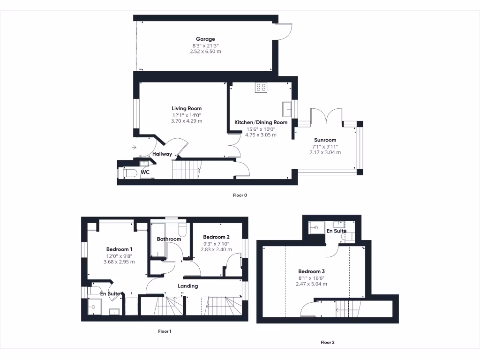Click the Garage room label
click(205, 39)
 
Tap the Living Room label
click(187, 108)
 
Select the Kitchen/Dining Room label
click(261, 122)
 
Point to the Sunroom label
click(325, 140)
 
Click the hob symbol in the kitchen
click(261, 87)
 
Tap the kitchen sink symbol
click(287, 109)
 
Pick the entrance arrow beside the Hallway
click(134, 148)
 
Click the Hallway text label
click(162, 154)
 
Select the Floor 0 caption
click(240, 195)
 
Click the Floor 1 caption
click(165, 331)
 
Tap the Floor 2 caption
click(328, 343)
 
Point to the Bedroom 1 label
click(119, 249)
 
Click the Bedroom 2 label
click(216, 237)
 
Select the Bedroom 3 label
click(312, 271)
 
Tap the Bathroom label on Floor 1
click(169, 239)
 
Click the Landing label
click(188, 286)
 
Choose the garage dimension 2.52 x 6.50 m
click(205, 52)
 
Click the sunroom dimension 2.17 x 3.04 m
click(325, 152)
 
